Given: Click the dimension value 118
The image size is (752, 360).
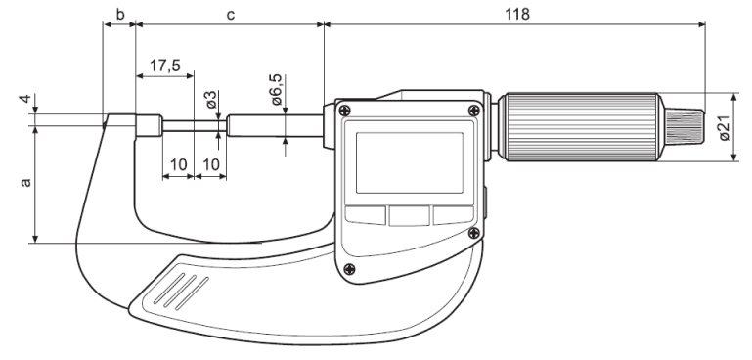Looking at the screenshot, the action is click(x=517, y=14).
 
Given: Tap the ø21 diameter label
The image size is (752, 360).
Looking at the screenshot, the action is click(x=725, y=128).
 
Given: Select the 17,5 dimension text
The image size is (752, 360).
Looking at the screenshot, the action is click(x=164, y=65).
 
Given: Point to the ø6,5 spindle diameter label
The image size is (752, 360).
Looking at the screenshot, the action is click(x=276, y=90).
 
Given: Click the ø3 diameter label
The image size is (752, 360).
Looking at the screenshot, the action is click(x=211, y=100).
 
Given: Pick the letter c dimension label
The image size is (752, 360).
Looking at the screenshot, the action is click(x=231, y=15).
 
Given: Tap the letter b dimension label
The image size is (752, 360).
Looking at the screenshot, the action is click(x=120, y=14).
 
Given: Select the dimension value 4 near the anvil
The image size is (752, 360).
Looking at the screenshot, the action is click(x=25, y=99).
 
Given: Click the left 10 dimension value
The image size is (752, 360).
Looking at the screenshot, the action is click(x=178, y=164).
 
